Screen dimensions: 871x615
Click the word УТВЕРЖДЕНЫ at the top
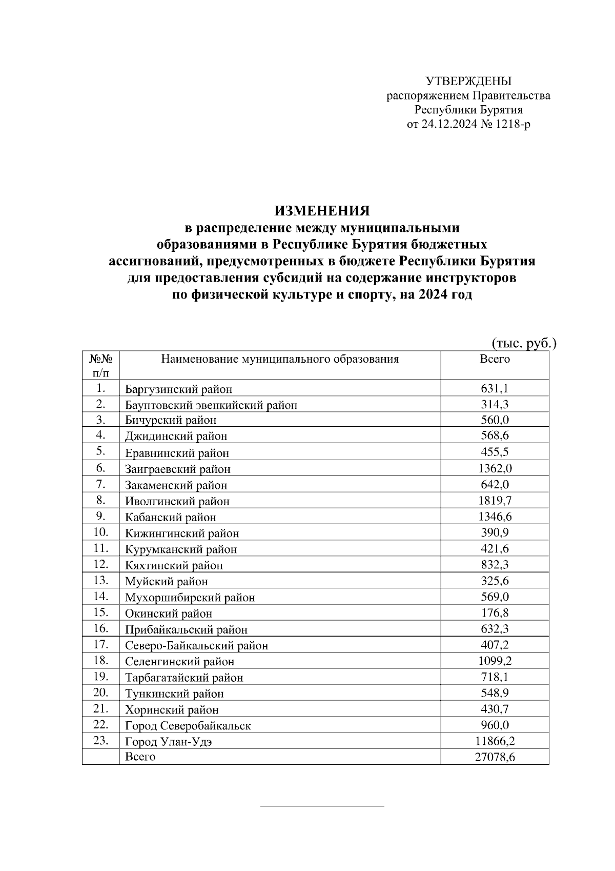[468, 81]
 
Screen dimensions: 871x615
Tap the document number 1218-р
[513, 124]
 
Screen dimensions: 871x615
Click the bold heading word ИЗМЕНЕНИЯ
[322, 211]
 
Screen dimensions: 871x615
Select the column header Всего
[495, 359]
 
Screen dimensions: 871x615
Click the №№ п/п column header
[100, 365]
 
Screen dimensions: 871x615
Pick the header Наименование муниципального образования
[280, 359]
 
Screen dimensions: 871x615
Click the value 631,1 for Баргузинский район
[495, 388]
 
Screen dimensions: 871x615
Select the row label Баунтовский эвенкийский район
[211, 405]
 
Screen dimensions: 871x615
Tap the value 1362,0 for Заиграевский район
[495, 468]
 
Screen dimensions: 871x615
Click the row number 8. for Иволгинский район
[100, 500]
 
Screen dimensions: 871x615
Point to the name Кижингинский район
[182, 533]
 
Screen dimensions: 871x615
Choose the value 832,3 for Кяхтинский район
[495, 565]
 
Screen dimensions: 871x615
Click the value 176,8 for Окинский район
[495, 613]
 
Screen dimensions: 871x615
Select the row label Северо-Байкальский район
[196, 646]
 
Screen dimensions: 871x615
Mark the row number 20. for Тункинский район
[100, 693]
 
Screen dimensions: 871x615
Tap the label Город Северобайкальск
[188, 726]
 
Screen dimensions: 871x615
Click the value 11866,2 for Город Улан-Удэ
[495, 741]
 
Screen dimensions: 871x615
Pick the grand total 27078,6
[495, 757]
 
